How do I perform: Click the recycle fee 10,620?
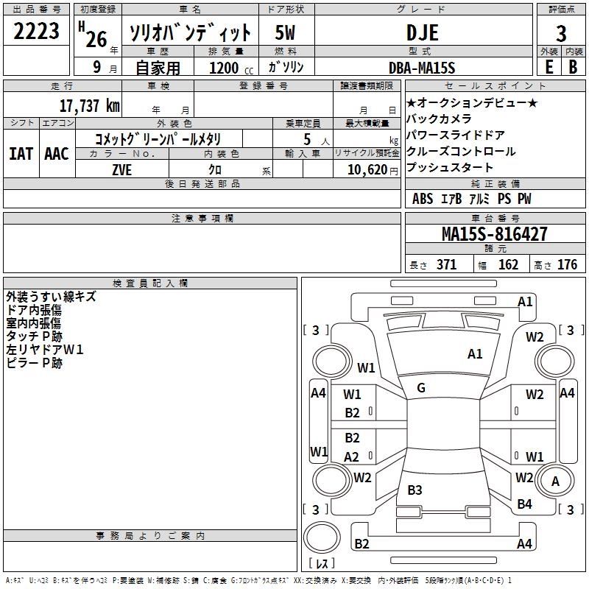(x=366, y=169)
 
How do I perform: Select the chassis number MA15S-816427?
(x=494, y=234)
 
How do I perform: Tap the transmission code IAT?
(x=21, y=154)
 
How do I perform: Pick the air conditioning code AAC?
(x=56, y=154)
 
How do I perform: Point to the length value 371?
(x=446, y=265)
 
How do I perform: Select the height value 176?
(x=567, y=265)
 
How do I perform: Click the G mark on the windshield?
(x=420, y=388)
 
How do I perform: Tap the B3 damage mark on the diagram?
(x=415, y=490)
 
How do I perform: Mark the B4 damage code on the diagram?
(x=524, y=504)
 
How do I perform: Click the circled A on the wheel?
(x=555, y=481)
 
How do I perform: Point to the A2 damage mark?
(x=352, y=457)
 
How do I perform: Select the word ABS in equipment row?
(x=423, y=199)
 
